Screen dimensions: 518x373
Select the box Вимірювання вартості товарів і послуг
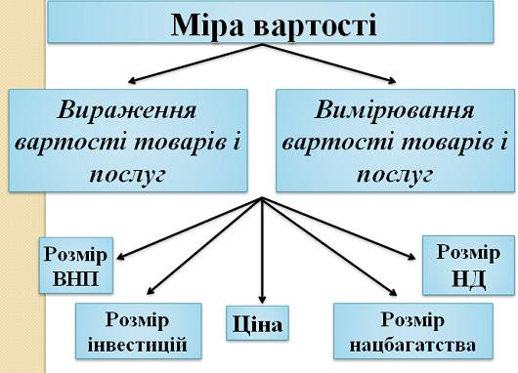pos(395,141)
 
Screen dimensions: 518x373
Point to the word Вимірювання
pos(395,107)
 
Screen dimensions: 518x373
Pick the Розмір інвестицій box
pos(139,331)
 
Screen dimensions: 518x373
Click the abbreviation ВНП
pos(74,280)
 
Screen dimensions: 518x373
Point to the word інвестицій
pos(139,344)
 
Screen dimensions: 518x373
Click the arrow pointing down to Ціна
pos(262,254)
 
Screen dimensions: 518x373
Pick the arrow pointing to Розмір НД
pos(342,230)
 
